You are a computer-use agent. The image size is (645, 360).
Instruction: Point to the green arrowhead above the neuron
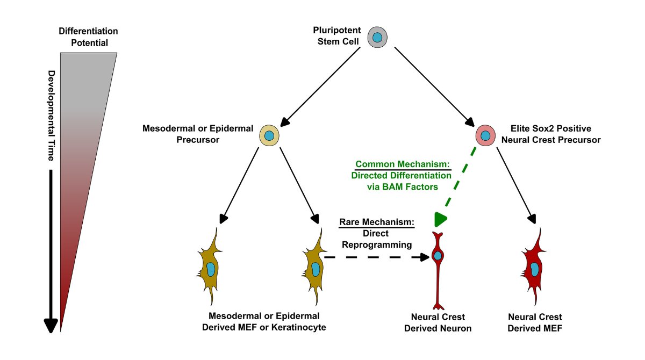pyautogui.click(x=440, y=219)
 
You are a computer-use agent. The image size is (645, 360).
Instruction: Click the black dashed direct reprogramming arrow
pyautogui.click(x=376, y=257)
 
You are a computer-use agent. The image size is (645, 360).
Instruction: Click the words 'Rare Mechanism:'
pyautogui.click(x=376, y=221)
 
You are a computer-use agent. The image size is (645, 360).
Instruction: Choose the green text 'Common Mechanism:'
pyautogui.click(x=402, y=164)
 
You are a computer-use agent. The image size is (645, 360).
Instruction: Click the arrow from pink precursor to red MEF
pyautogui.click(x=517, y=184)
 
